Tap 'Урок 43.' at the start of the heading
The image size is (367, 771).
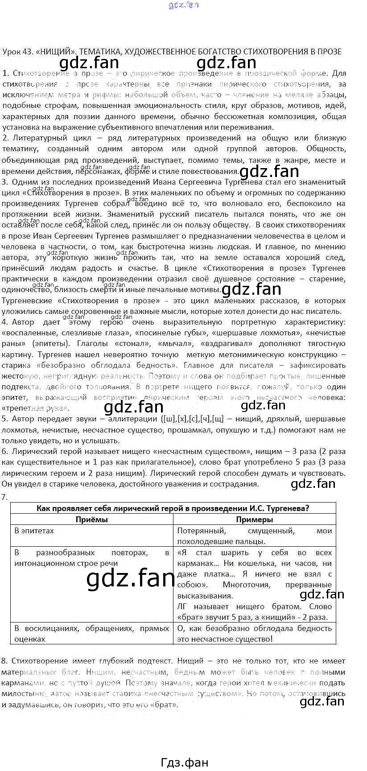click(16, 51)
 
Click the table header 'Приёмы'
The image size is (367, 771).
click(91, 519)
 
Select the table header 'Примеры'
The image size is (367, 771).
click(254, 519)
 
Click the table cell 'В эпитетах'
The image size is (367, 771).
click(34, 531)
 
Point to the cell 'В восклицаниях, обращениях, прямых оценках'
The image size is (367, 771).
click(91, 633)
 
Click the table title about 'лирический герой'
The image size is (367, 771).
click(173, 508)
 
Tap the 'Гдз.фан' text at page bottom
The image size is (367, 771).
click(184, 762)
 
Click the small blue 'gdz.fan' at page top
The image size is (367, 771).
click(184, 5)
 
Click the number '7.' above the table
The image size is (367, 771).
click(5, 497)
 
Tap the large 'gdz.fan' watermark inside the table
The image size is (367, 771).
click(131, 578)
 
